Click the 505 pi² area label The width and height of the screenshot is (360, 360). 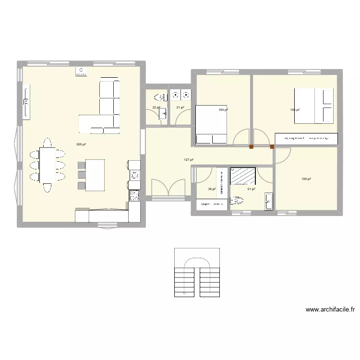click(81, 144)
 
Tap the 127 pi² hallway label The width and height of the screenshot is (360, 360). click(189, 160)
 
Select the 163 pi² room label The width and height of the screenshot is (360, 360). click(295, 110)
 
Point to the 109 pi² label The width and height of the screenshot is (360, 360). click(306, 179)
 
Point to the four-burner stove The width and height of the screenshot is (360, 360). click(134, 195)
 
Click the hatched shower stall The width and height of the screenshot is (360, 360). click(243, 176)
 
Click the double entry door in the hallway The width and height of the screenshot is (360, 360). click(168, 188)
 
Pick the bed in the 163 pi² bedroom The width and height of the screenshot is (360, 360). click(314, 106)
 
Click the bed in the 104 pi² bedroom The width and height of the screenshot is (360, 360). click(211, 124)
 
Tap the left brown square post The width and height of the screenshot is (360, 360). click(251, 147)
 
